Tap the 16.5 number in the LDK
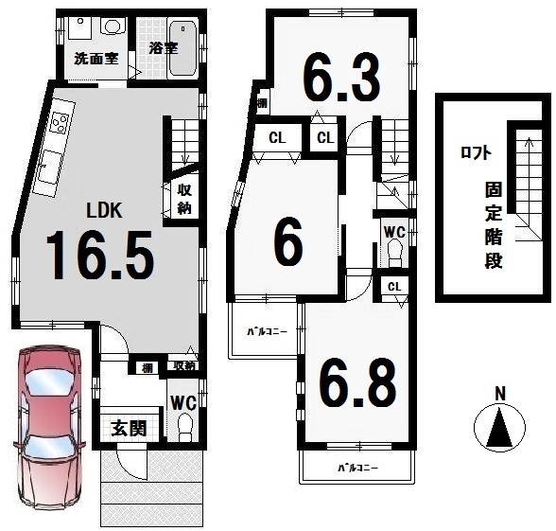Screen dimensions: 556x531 click(100, 256)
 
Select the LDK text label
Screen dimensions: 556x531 click(105, 210)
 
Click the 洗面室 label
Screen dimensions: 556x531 click(96, 59)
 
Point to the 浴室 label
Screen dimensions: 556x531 click(163, 48)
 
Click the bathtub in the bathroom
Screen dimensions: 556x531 click(183, 48)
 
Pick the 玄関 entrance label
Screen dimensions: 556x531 click(129, 429)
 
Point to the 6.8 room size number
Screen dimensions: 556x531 click(357, 384)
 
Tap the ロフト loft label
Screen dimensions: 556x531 click(476, 153)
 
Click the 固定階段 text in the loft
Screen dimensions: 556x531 click(494, 225)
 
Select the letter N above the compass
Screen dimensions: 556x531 click(500, 394)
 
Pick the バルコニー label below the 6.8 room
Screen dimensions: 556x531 click(357, 468)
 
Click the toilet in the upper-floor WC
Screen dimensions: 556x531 click(394, 253)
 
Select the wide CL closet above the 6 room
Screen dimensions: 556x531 click(277, 138)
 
